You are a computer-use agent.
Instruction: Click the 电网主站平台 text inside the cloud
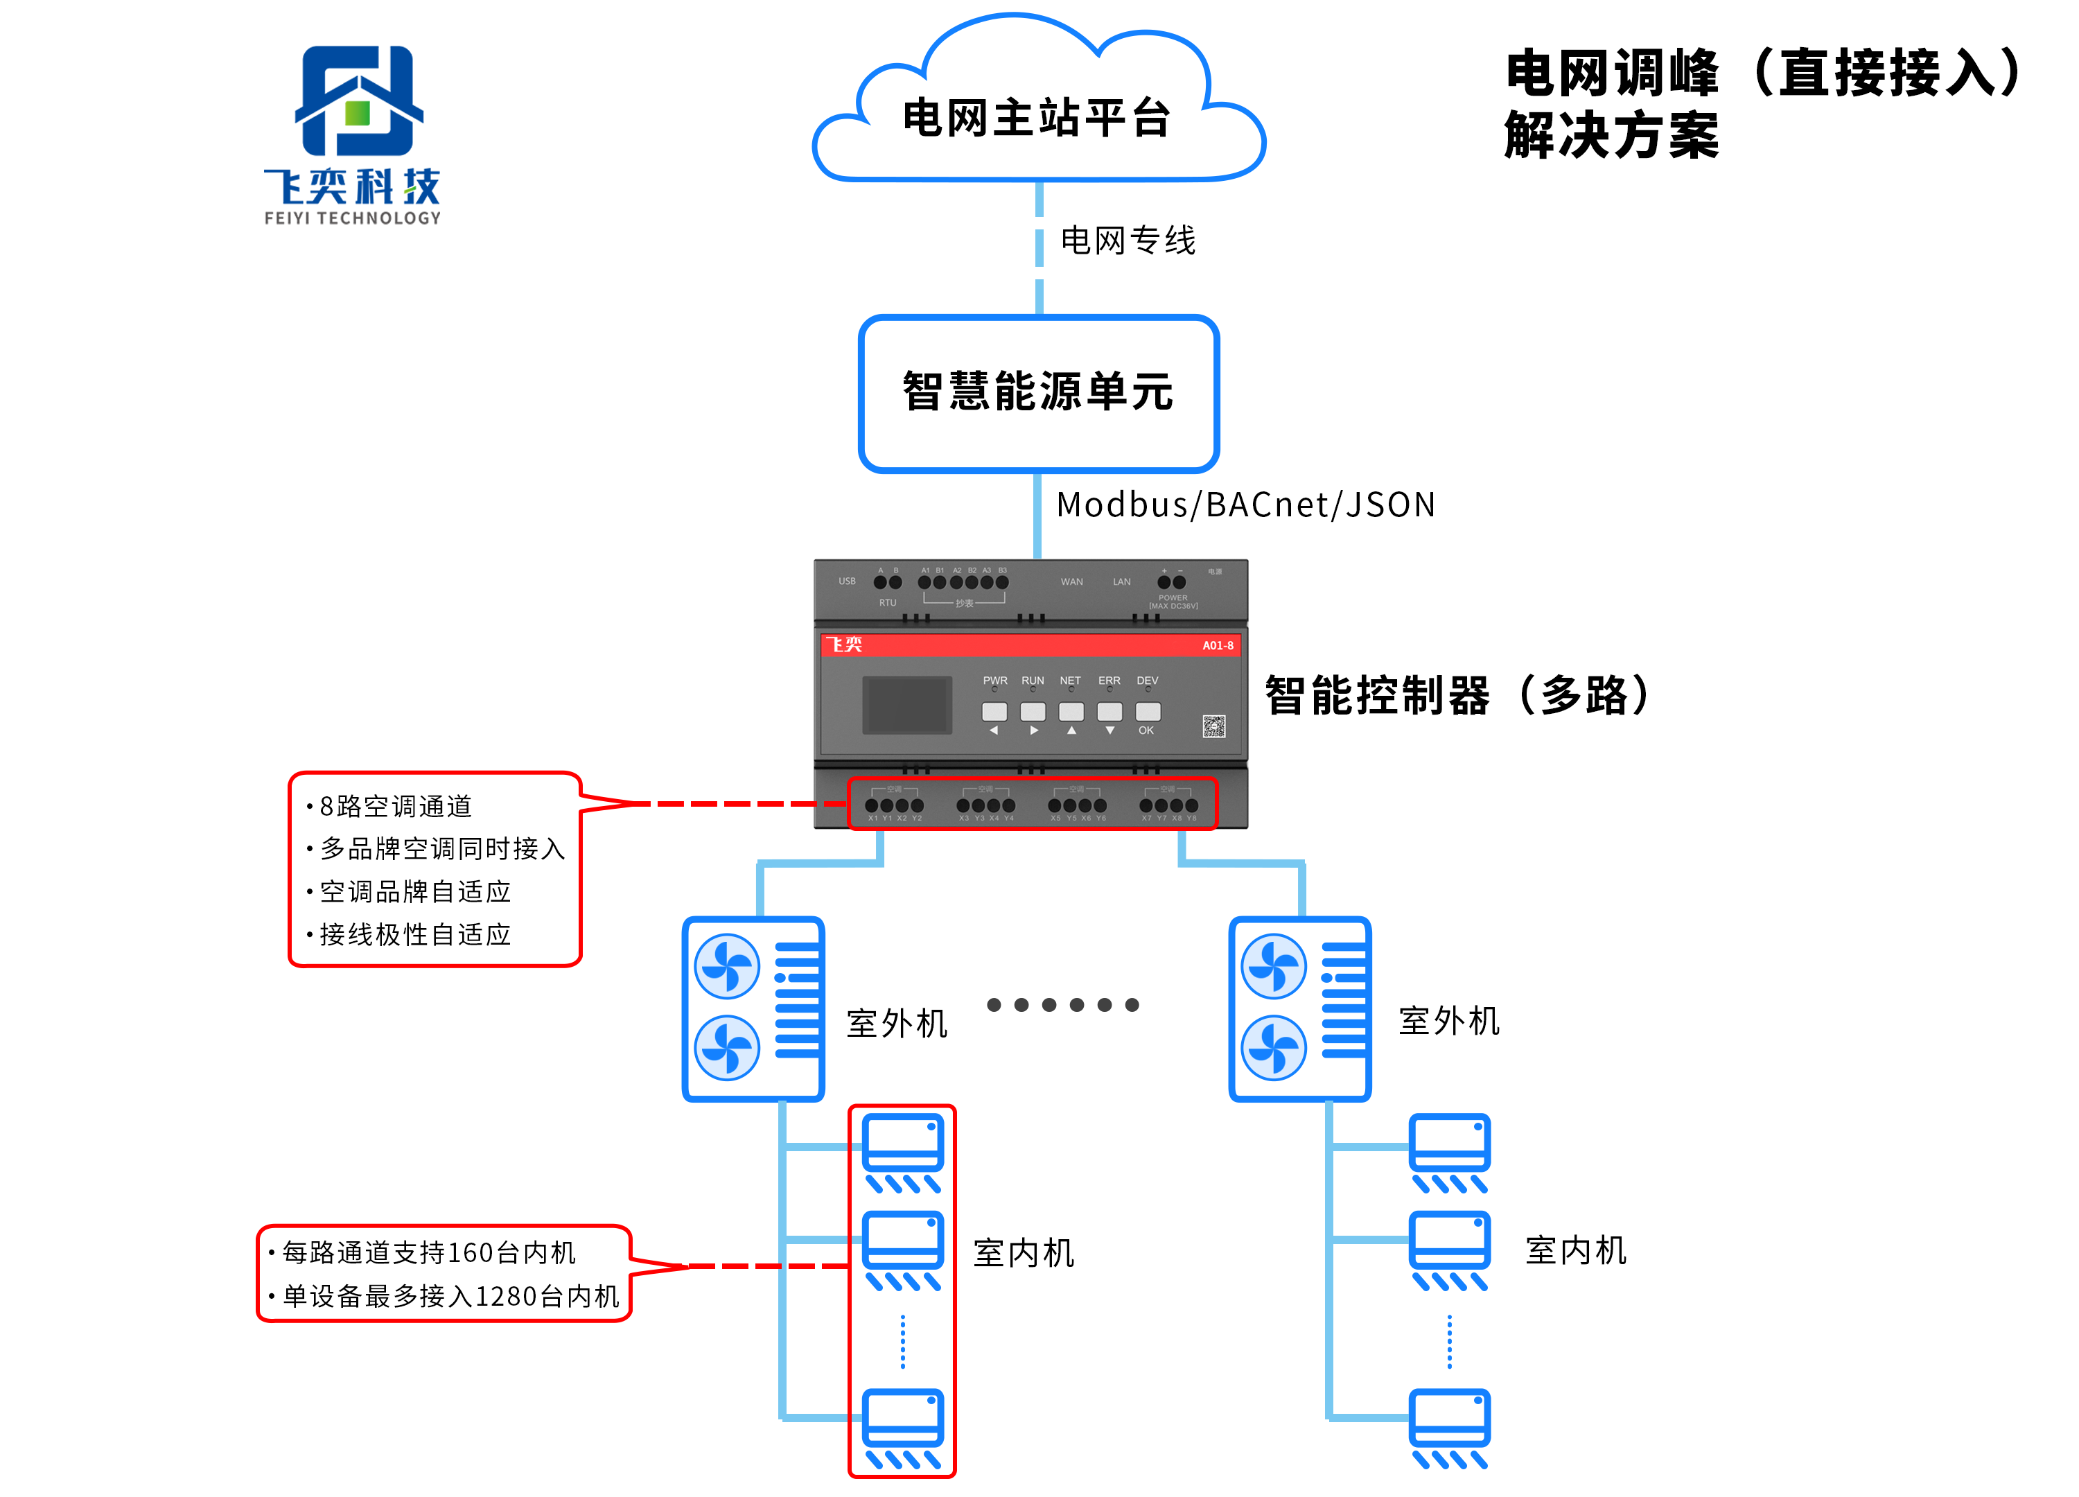[1037, 119]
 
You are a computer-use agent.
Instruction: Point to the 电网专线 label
[1128, 241]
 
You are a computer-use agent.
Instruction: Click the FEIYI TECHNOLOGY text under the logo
[352, 218]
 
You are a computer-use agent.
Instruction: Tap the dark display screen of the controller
[906, 704]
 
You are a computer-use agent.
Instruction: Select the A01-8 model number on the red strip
[1218, 645]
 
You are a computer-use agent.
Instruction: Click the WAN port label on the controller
[1071, 582]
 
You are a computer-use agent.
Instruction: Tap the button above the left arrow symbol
[994, 711]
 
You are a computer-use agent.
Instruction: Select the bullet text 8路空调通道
[395, 806]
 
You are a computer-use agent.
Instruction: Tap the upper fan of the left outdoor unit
[727, 966]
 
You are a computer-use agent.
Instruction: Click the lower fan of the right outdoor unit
[1273, 1048]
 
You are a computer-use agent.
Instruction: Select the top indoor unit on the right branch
[1449, 1151]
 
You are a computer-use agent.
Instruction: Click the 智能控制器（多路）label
[1457, 695]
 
